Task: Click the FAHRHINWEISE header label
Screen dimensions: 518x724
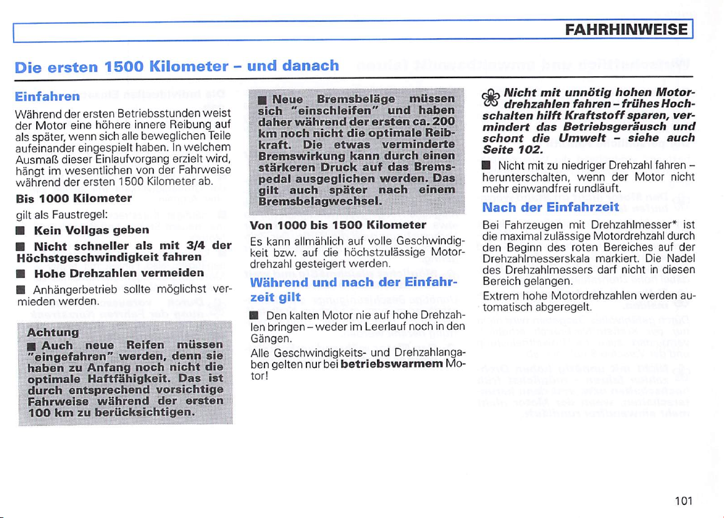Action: [628, 29]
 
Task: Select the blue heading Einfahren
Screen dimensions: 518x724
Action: [48, 97]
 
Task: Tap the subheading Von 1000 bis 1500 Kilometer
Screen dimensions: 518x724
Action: [338, 224]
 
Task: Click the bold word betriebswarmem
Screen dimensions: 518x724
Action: [391, 364]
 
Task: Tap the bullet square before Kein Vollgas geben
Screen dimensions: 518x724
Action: [20, 231]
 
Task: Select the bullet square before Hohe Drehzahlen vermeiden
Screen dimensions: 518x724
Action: [20, 274]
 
